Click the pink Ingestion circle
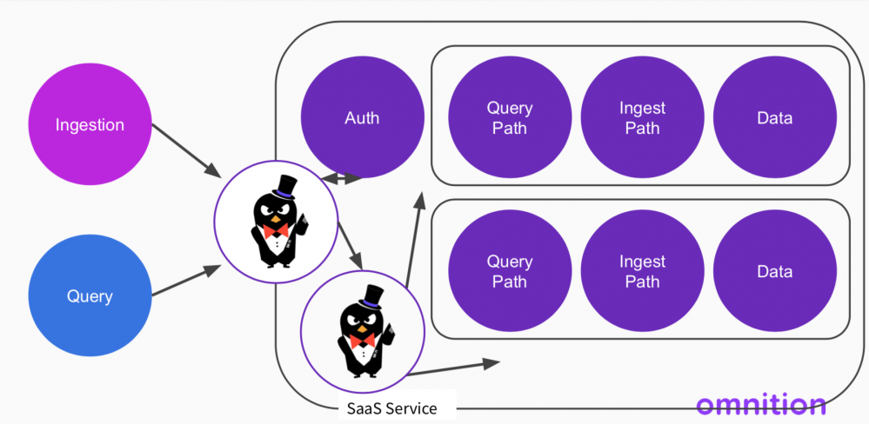[x=90, y=125]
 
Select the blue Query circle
[x=90, y=295]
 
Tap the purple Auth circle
[x=362, y=117]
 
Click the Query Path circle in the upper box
[x=510, y=118]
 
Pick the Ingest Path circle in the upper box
[x=642, y=118]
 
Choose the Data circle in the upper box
[x=774, y=118]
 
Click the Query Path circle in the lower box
[x=510, y=271]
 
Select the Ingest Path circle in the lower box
[x=642, y=271]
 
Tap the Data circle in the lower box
[x=774, y=271]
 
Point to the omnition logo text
[x=761, y=404]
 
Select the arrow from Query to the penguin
[x=184, y=283]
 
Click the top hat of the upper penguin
[x=284, y=186]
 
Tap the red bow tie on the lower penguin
[x=363, y=340]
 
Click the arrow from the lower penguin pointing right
[x=453, y=367]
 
